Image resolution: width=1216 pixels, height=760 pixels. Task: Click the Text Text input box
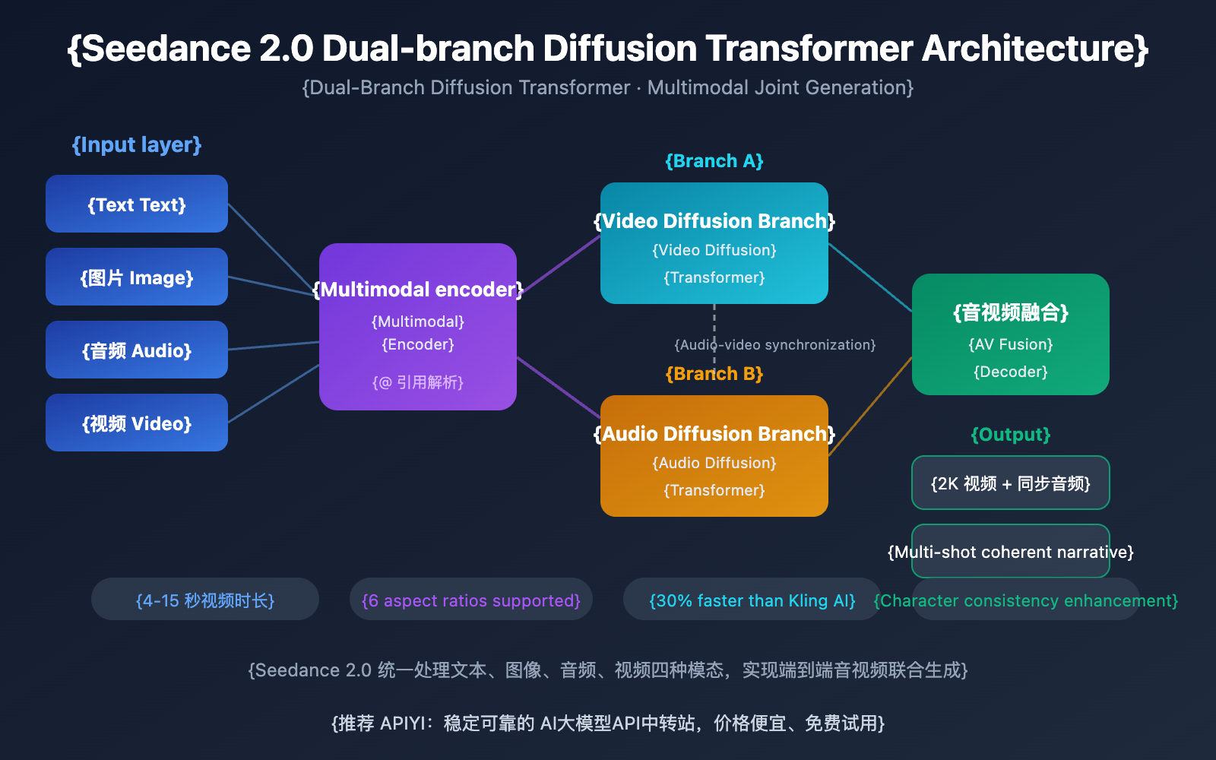(137, 204)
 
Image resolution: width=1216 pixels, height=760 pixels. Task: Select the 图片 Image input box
(137, 277)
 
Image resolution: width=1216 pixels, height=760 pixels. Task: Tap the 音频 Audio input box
(137, 350)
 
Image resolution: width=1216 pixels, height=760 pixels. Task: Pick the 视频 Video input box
(137, 423)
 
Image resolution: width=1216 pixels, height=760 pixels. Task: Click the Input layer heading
(137, 144)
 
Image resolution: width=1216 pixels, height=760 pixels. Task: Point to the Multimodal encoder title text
(418, 290)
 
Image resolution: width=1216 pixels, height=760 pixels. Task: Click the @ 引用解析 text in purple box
(418, 382)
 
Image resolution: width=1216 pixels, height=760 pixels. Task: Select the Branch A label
(714, 161)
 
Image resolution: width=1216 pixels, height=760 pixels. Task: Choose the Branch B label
(714, 374)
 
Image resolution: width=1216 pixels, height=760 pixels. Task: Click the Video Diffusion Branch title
(714, 221)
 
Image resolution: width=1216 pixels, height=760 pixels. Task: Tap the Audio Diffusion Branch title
(714, 434)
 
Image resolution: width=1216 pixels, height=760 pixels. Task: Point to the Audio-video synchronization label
(775, 345)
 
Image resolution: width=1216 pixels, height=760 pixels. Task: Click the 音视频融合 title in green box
(1011, 312)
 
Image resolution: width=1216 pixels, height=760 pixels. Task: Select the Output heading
(1011, 435)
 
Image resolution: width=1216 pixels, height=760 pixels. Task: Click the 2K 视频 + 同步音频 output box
(1011, 483)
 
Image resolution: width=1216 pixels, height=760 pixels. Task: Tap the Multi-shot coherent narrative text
(1011, 553)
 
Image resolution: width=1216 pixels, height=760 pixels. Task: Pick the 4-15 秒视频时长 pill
(205, 600)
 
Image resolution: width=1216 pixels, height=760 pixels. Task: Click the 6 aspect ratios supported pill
(471, 600)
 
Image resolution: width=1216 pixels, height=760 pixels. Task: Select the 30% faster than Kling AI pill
(752, 600)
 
